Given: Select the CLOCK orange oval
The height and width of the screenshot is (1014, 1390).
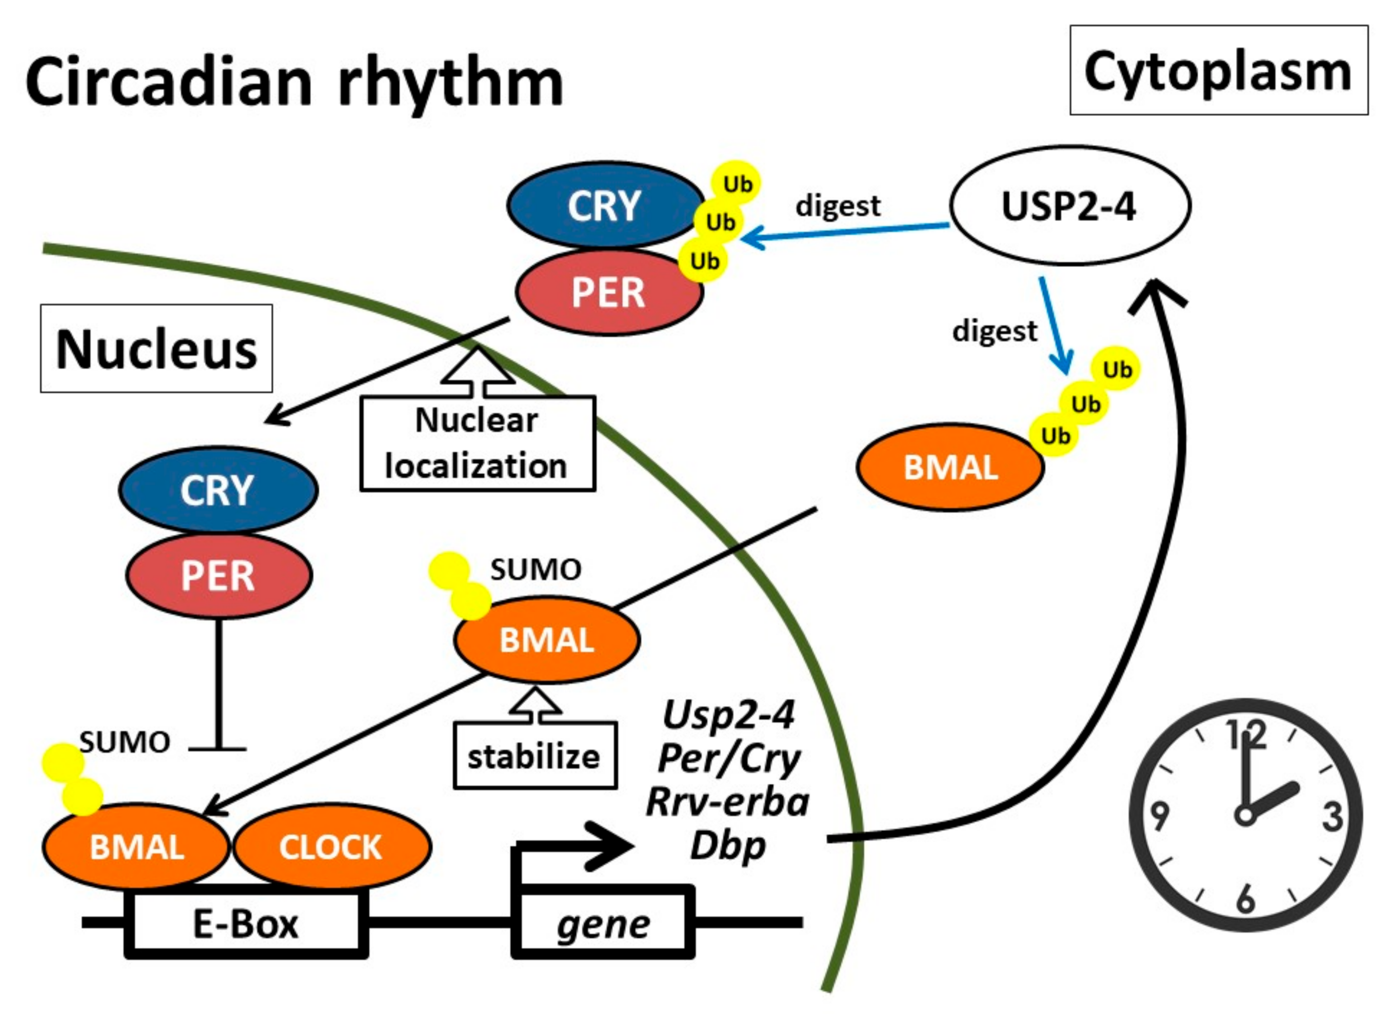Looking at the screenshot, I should point(331,847).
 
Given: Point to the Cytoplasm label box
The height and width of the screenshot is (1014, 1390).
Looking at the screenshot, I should point(1218,71).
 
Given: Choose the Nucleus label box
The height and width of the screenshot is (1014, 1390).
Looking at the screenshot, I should point(156,349).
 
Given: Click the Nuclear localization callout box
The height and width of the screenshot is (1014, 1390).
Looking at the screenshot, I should point(477,443).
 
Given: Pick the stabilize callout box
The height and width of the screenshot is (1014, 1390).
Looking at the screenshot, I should point(534,756).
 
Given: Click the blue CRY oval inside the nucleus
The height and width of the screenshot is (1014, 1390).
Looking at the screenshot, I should point(217,490).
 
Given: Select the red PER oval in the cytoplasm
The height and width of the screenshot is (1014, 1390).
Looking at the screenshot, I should point(608,292).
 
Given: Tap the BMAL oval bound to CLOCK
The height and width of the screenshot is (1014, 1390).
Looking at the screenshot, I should point(136,847).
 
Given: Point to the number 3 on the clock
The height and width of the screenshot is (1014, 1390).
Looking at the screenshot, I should point(1332,816).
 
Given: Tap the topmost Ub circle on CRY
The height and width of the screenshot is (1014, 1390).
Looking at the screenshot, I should point(736,184).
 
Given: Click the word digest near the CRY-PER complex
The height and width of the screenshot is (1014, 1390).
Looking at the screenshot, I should point(838,206).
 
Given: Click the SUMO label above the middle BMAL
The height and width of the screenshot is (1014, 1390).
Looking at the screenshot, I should point(535,570).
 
